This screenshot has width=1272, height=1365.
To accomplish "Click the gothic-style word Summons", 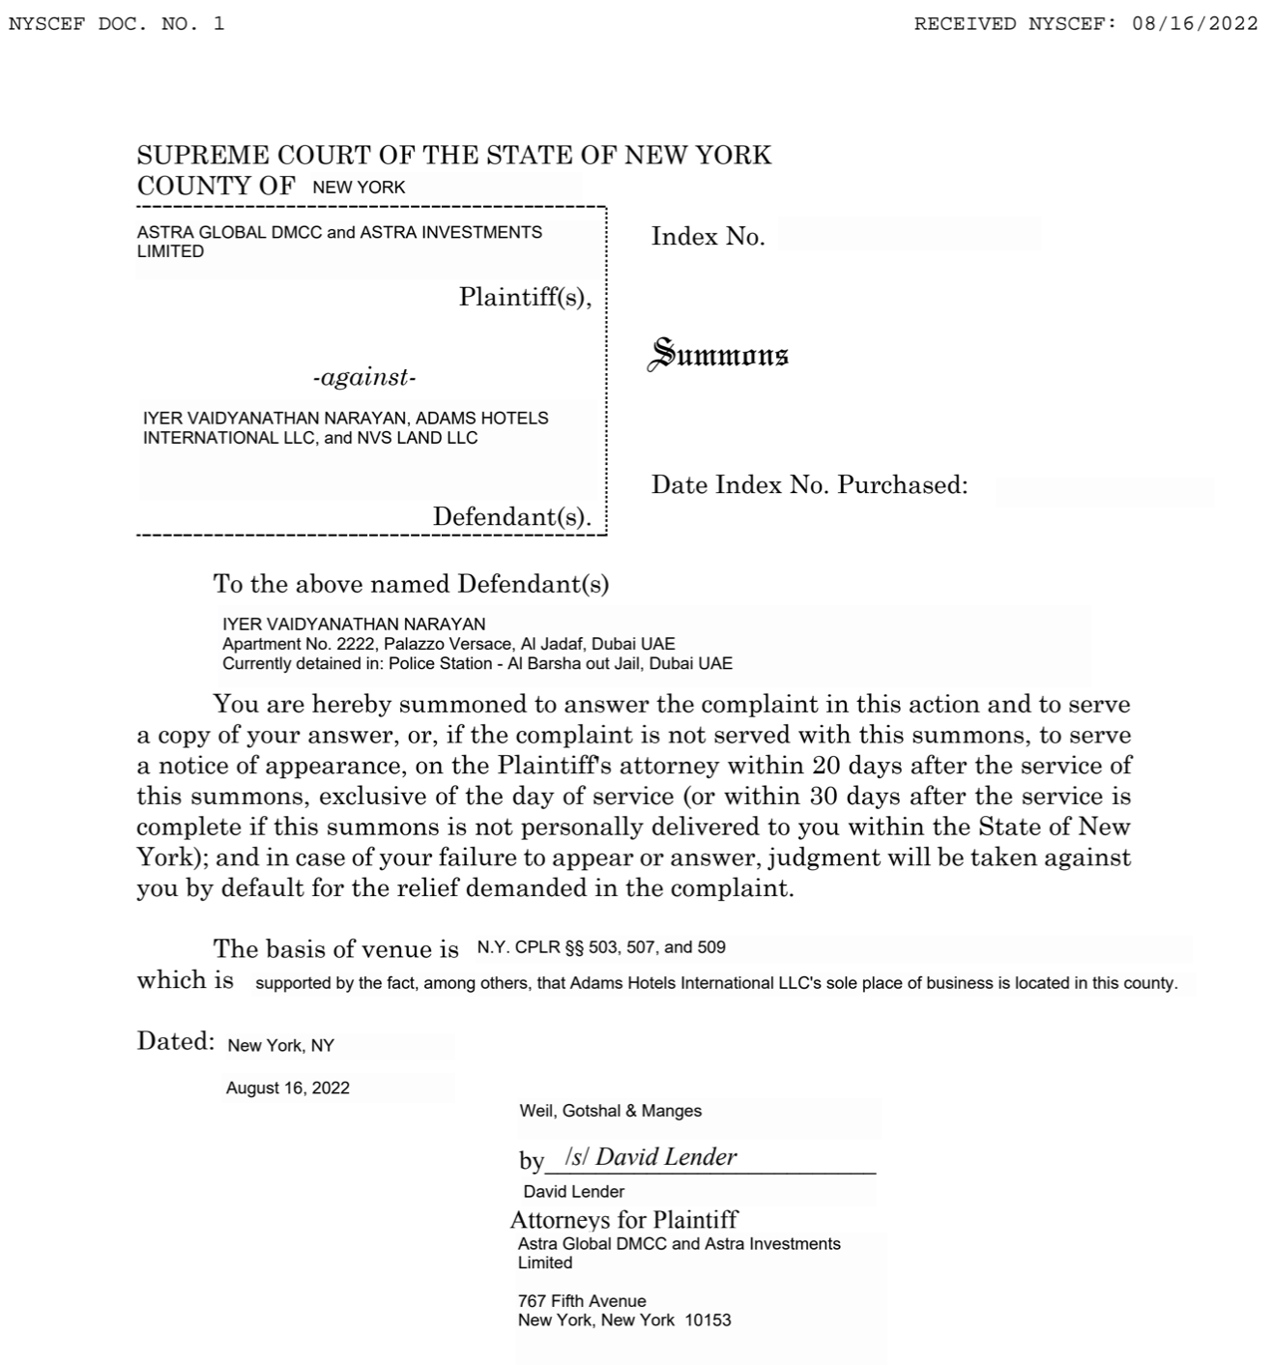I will [x=718, y=355].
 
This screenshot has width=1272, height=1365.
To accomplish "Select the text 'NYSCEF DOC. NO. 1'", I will [x=116, y=24].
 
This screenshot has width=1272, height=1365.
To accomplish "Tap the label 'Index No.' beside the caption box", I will [x=708, y=237].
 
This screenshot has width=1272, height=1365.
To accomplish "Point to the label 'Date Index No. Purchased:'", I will [x=809, y=485].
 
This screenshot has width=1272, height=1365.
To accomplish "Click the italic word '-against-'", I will [x=364, y=378].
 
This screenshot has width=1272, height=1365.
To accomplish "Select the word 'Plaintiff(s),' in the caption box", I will [x=525, y=297].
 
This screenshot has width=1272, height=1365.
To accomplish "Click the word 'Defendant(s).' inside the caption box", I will [x=511, y=517].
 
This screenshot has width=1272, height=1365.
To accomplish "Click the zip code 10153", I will [x=708, y=1320].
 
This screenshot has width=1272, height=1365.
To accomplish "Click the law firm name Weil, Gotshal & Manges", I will [x=610, y=1111].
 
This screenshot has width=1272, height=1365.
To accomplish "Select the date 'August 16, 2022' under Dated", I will [x=288, y=1088].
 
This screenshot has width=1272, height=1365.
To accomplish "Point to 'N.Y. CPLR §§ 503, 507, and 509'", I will [x=601, y=947].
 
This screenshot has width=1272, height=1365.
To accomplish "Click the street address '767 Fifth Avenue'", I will [x=582, y=1301].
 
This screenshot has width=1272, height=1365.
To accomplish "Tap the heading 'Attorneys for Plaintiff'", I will [x=623, y=1219].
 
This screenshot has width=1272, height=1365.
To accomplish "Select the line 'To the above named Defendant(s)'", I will [x=411, y=584].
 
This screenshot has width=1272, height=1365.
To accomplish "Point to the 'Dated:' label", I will [x=175, y=1041].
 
